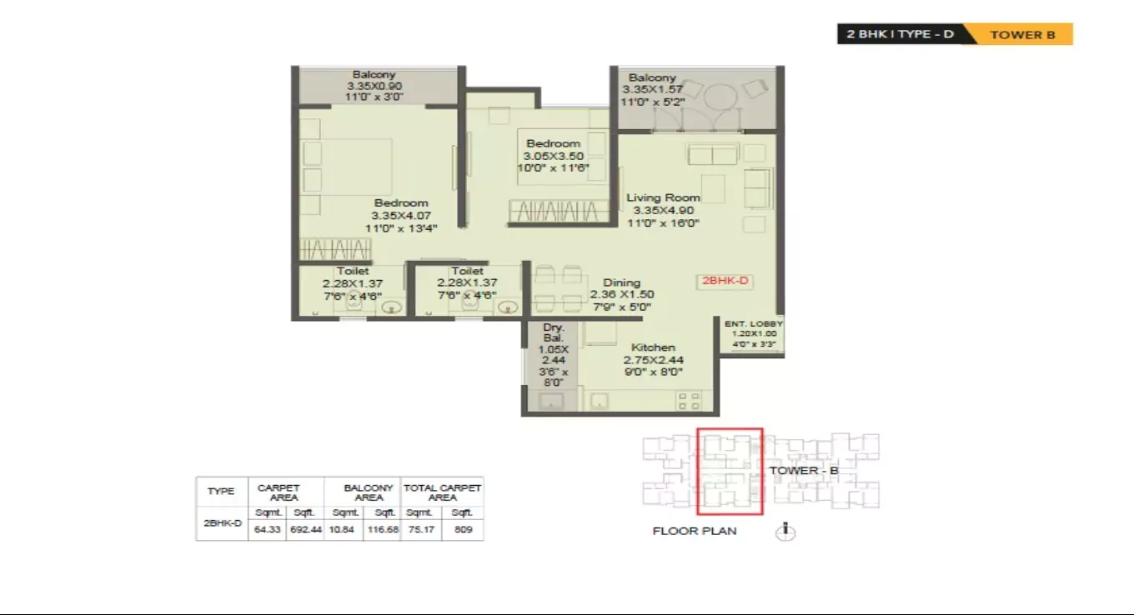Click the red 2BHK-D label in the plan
(x=725, y=282)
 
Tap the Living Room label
(x=663, y=197)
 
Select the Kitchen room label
(x=653, y=347)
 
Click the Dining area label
(x=621, y=282)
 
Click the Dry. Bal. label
(x=554, y=333)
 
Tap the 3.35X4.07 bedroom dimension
(x=400, y=215)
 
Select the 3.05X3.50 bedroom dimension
(x=553, y=156)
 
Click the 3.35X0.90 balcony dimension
(x=374, y=85)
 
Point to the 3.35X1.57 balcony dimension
(x=652, y=89)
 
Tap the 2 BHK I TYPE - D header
(x=900, y=35)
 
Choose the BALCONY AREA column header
(x=369, y=492)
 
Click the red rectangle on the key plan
(x=730, y=472)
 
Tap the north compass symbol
(x=784, y=530)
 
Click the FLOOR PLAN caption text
(x=694, y=531)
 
